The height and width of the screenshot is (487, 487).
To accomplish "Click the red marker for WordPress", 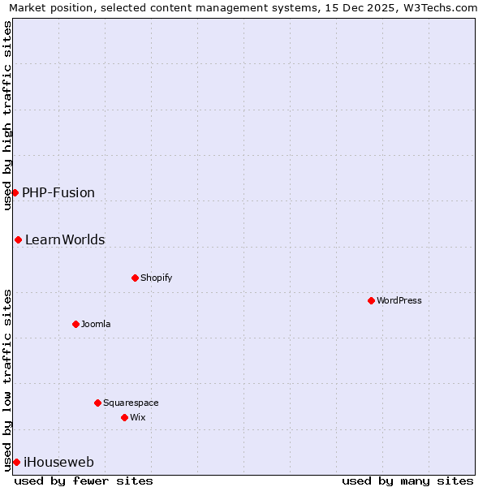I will [371, 300].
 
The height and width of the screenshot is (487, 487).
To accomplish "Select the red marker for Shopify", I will [135, 278].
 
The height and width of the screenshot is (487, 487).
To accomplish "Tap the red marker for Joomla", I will [75, 324].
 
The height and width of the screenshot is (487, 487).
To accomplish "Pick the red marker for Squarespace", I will [97, 403].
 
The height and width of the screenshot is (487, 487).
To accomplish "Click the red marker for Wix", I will [124, 417].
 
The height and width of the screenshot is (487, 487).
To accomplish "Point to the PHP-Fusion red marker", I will [15, 192].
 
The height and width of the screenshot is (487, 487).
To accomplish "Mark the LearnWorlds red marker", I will [18, 239].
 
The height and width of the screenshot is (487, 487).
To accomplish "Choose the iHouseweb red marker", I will [16, 462].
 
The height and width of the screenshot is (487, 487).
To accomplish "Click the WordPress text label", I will [399, 300].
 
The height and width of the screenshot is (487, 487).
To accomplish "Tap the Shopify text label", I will [156, 278].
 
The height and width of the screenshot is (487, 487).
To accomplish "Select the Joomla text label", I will [96, 324].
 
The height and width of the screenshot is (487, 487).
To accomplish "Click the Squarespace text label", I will [131, 403].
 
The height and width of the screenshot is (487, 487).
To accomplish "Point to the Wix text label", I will [137, 417].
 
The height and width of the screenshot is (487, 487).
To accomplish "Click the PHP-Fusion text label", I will [58, 192].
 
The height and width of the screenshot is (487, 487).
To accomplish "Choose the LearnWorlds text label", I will [65, 239].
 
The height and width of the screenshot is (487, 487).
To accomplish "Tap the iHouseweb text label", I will [59, 462].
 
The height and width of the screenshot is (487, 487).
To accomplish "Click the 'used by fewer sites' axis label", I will [84, 481].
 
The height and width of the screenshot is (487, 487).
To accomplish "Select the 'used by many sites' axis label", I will [407, 481].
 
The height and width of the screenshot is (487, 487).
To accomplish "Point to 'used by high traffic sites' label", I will [8, 115].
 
